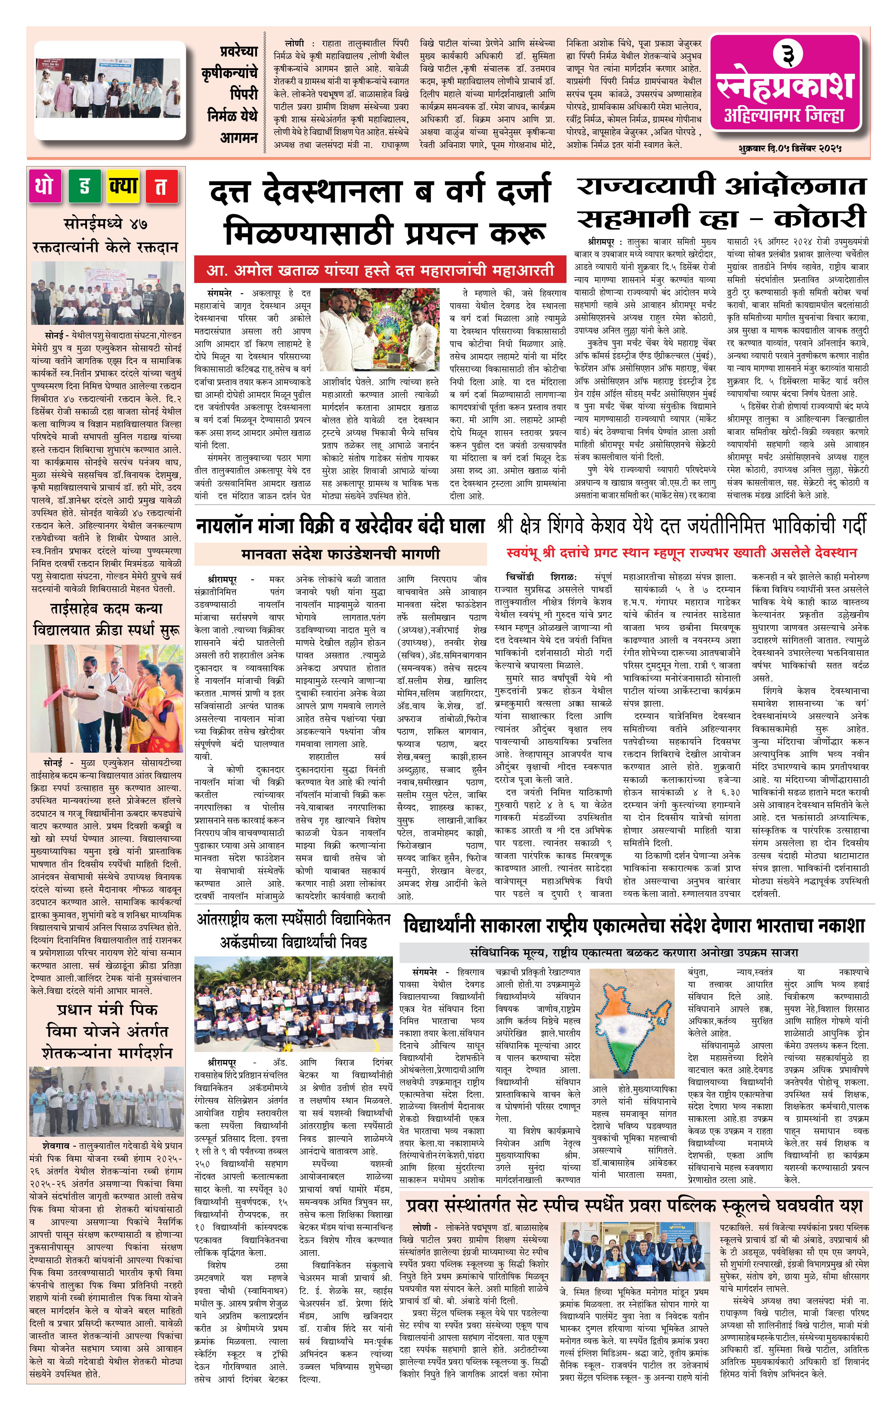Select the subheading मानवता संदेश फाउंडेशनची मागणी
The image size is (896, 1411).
340,554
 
